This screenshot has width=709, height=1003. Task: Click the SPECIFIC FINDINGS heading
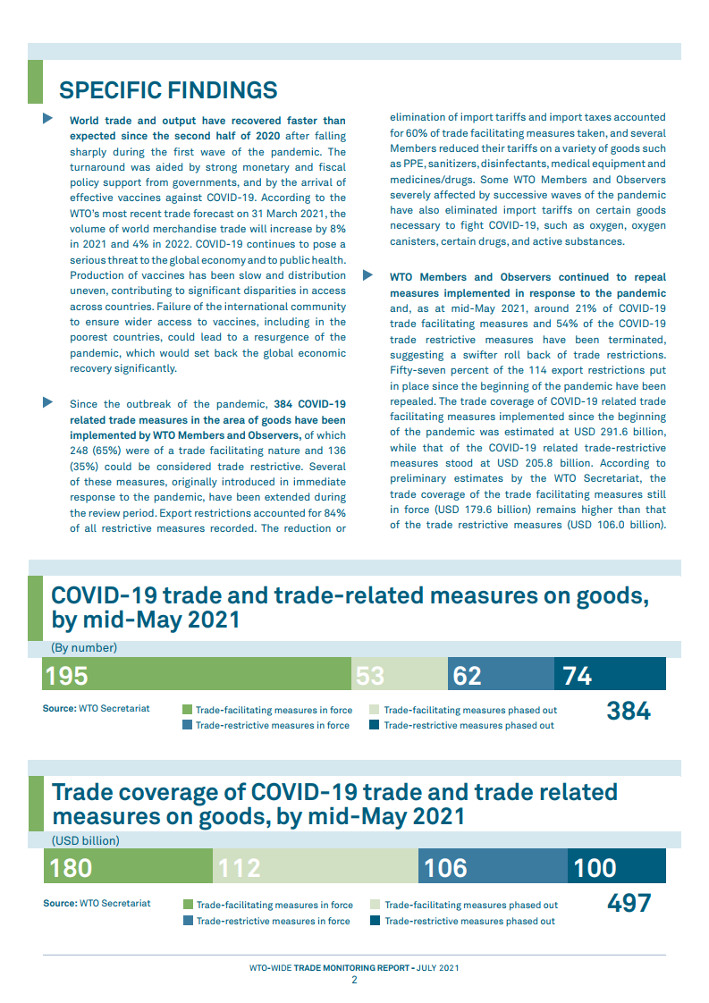point(168,90)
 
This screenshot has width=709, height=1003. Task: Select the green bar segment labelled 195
point(197,674)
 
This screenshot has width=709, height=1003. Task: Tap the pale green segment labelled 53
point(399,674)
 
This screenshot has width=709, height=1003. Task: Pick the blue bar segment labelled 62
point(501,674)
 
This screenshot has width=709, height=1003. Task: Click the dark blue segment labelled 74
point(610,674)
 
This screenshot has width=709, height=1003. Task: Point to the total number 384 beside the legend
point(629,712)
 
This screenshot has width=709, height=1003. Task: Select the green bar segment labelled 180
point(128,867)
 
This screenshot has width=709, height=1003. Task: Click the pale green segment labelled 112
point(315,867)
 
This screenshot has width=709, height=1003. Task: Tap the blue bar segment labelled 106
point(493,867)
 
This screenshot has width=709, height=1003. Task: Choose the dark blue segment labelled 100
point(617,867)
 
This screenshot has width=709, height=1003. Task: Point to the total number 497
point(629,904)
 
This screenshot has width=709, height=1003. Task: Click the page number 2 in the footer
point(354,980)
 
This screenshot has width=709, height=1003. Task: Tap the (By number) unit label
point(84,648)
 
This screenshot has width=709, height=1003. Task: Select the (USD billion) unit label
point(86,840)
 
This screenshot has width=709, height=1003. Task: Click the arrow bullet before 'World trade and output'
point(48,120)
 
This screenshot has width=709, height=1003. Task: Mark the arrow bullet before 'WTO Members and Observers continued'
point(367,275)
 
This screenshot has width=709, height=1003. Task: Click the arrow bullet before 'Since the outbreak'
point(48,402)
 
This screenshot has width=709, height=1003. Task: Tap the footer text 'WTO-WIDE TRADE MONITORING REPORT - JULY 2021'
point(354,967)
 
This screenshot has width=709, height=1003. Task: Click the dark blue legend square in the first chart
point(375,725)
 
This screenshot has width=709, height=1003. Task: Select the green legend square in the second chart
point(188,905)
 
